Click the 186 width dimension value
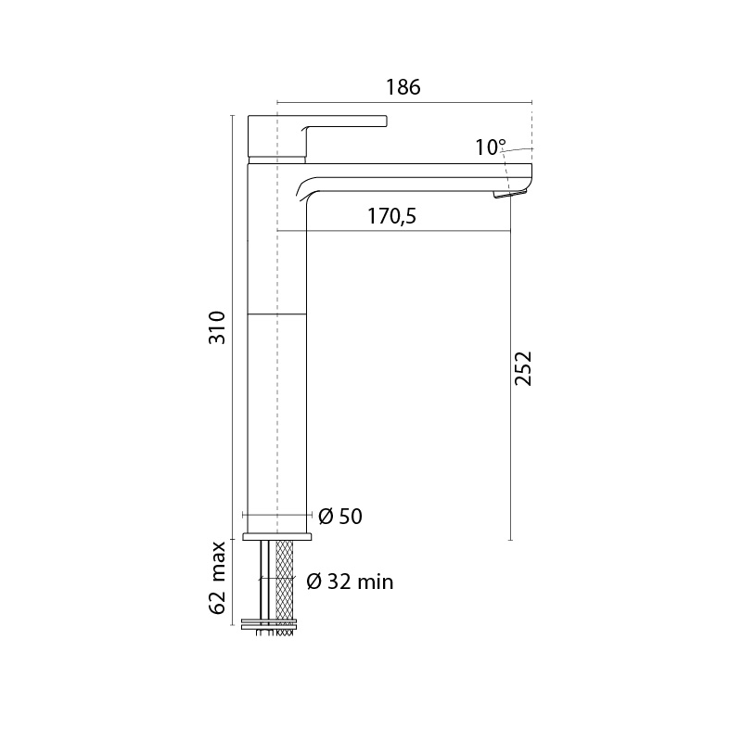pos(403,87)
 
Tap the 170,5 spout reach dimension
pos(391,217)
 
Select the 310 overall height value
pos(218,327)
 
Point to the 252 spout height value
pos(524,368)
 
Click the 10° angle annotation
pos(491,147)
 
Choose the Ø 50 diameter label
pos(340,517)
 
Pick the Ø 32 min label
pos(350,582)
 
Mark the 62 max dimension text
pos(218,578)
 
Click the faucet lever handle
pos(317,135)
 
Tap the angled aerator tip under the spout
pos(510,194)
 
